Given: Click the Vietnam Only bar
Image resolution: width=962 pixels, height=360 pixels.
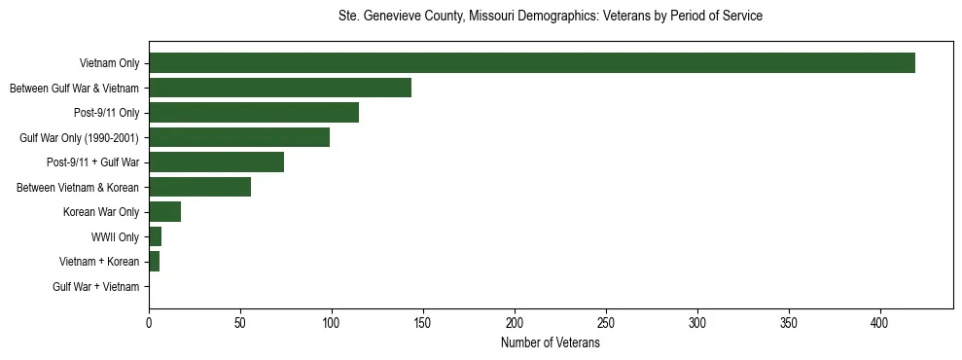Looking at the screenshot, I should (x=532, y=63).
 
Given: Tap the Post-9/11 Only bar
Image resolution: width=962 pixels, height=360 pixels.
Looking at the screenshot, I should (x=254, y=113).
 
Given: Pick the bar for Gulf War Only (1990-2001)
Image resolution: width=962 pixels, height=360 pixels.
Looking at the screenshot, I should (x=239, y=137).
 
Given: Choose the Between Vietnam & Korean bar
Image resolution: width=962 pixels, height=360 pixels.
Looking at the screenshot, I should (x=199, y=187).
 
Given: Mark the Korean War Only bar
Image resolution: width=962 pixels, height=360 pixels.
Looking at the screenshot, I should (x=165, y=212).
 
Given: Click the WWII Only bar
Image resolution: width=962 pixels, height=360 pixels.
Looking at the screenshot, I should (x=156, y=236).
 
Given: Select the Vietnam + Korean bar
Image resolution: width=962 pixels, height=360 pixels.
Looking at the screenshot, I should (x=155, y=262).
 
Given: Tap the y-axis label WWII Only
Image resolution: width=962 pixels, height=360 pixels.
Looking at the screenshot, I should (x=115, y=237).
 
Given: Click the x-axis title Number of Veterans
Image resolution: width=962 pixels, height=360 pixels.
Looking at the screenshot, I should (x=550, y=343).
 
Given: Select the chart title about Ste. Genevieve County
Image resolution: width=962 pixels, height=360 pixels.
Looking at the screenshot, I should (x=550, y=17).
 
